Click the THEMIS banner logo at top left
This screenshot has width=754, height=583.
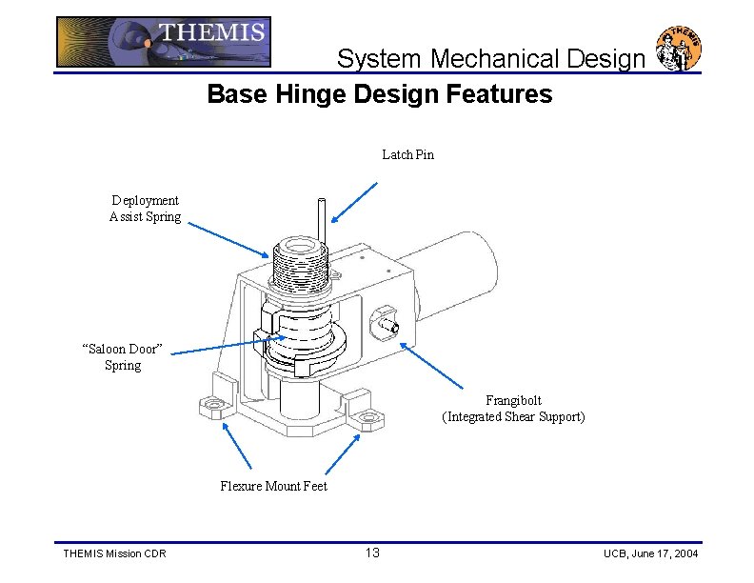pos(163,42)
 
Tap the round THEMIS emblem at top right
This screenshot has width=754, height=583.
pos(678,48)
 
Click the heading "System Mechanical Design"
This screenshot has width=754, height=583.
pos(490,59)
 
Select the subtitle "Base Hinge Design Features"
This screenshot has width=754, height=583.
pos(379,94)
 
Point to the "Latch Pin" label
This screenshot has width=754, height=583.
pos(407,154)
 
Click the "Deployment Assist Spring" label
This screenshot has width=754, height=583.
pos(145,209)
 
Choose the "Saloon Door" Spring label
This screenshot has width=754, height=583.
pos(124,357)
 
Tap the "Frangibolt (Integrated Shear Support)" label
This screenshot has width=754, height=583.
pos(513,409)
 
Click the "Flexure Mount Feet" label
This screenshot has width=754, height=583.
pos(273,486)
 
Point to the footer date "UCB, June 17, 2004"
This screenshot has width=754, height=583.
pos(650,554)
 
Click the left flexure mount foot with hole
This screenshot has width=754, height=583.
pos(210,408)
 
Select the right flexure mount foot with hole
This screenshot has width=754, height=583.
pos(367,416)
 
